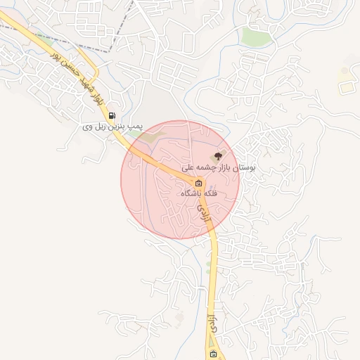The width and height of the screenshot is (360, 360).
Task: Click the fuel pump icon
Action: (x=112, y=116)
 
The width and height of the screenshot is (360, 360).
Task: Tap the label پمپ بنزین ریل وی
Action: (x=112, y=127)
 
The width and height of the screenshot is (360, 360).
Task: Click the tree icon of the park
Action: (x=218, y=156)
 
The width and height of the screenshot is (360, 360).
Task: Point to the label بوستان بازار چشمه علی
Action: (x=219, y=168)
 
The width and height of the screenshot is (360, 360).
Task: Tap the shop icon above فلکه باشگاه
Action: (x=199, y=183)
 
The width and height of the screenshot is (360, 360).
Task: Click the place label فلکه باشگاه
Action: (x=199, y=193)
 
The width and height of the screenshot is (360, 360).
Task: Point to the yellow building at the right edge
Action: (x=345, y=87)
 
